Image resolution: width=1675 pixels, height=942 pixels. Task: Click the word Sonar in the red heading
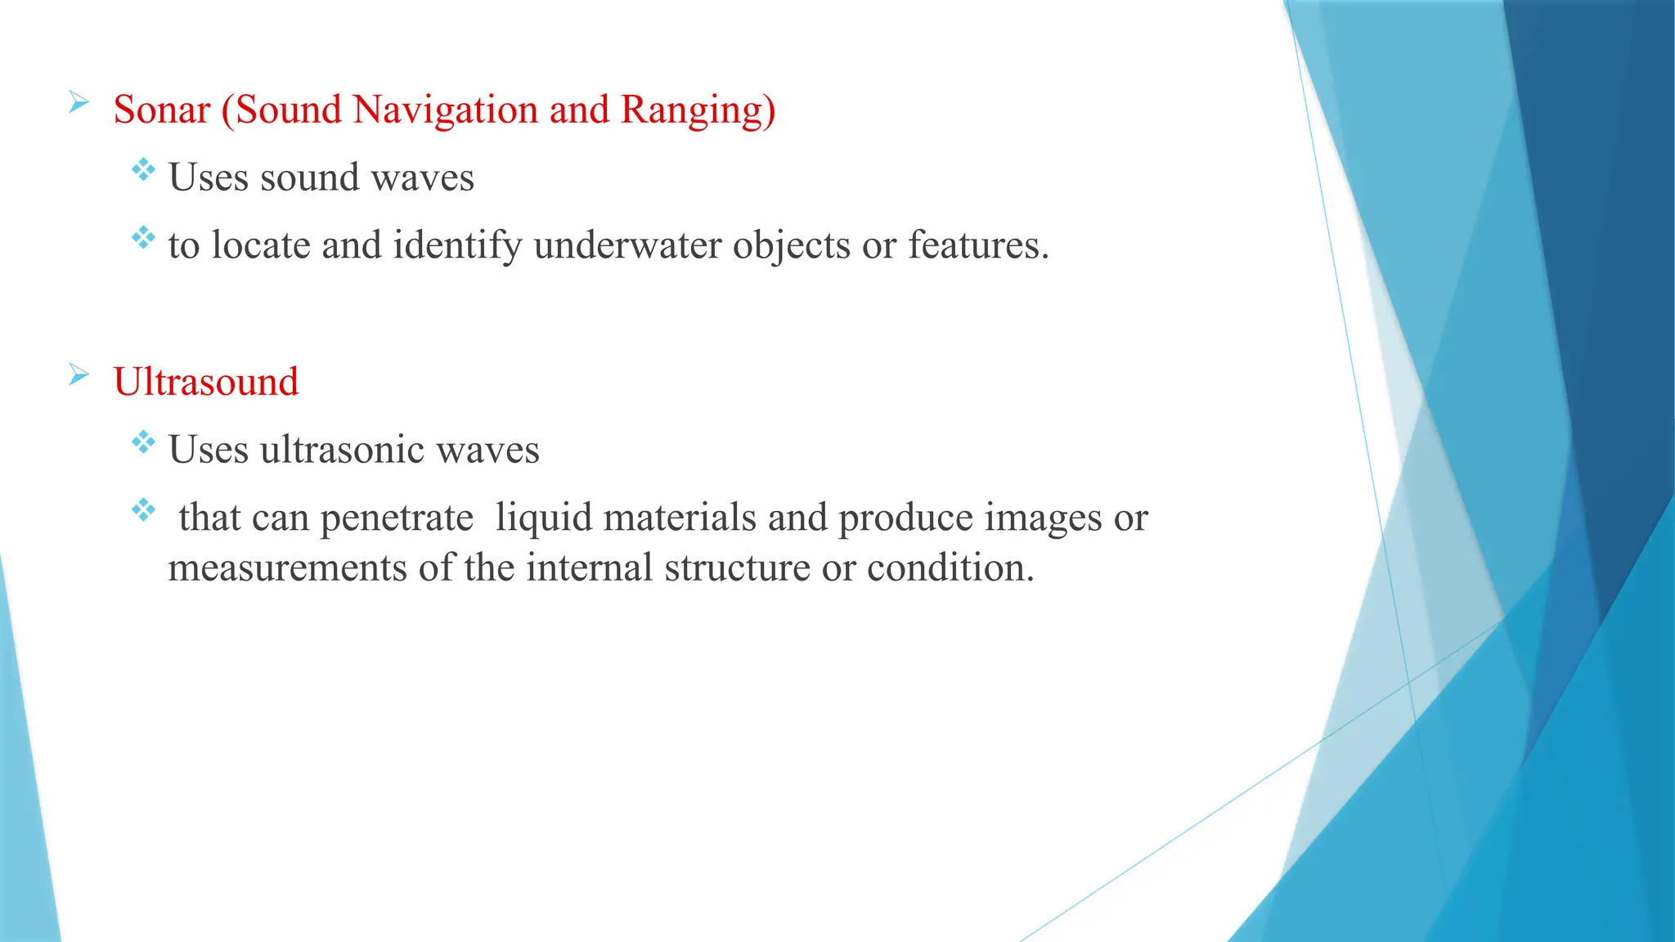[x=161, y=110]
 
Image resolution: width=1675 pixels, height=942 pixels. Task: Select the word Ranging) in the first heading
[x=698, y=110]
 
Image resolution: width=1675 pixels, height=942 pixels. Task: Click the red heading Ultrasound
[x=206, y=382]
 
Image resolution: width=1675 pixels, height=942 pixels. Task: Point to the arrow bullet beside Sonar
[x=79, y=103]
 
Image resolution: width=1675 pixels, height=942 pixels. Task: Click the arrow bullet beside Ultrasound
[x=79, y=375]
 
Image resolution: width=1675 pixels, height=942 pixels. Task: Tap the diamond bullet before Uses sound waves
[x=143, y=170]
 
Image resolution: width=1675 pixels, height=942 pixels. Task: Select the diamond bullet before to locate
[x=143, y=238]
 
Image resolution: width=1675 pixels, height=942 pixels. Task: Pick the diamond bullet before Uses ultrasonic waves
[x=143, y=442]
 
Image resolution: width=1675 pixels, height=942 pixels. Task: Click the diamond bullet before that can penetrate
[x=143, y=510]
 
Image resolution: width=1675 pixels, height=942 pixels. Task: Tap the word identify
[x=457, y=246]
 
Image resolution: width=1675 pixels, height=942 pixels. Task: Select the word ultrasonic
[x=342, y=450]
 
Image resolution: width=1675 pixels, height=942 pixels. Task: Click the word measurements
[x=287, y=567]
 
